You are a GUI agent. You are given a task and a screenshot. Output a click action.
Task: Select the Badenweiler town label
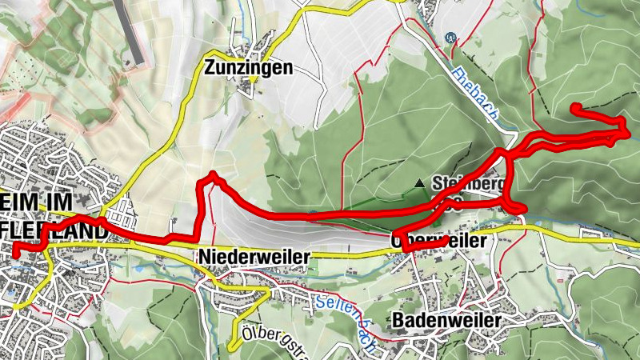click(x=447, y=320)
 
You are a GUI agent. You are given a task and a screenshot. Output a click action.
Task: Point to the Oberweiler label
click(x=440, y=241)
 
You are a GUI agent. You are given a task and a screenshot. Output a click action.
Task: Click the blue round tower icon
click(x=450, y=38)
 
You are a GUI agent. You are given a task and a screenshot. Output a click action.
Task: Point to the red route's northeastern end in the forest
click(x=574, y=106)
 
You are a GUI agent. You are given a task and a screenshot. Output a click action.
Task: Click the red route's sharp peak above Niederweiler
click(x=213, y=174)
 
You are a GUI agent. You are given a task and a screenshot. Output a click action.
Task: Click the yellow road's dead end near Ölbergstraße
click(x=230, y=348)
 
